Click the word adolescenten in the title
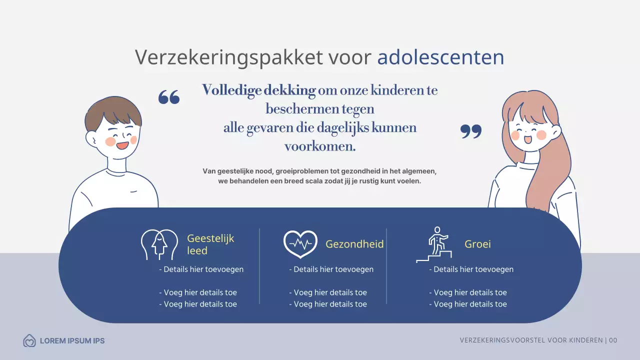[x=440, y=57]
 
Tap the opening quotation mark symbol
[x=169, y=97]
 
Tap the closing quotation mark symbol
[x=470, y=131]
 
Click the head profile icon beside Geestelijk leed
[x=159, y=244]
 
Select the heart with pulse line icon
[x=300, y=244]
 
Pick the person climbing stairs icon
[x=434, y=244]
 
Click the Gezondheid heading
[x=354, y=244]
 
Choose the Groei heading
[x=477, y=244]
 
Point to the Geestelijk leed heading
[x=210, y=244]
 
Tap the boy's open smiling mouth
[x=122, y=146]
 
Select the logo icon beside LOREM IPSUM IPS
[x=29, y=341]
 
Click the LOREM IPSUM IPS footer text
[x=72, y=341]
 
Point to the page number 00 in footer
[x=613, y=340]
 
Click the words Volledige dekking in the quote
[x=258, y=90]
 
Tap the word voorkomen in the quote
[x=320, y=146]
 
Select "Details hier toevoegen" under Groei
[x=471, y=269]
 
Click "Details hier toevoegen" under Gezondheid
[x=331, y=269]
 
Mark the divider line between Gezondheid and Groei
[x=386, y=266]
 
